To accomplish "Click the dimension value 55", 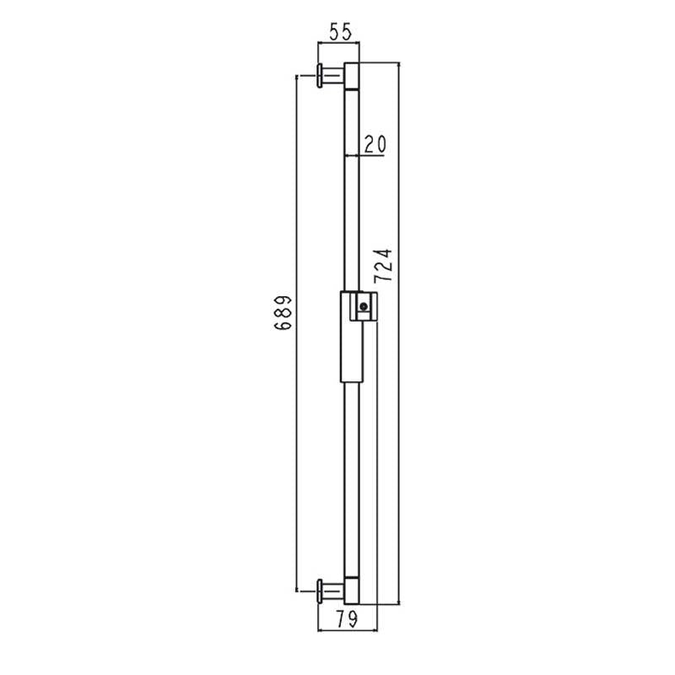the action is (x=341, y=32).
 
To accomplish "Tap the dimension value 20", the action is (x=375, y=144).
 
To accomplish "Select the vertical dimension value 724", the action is (x=383, y=266).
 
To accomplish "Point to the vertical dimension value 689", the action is (x=283, y=313).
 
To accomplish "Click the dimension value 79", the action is (x=347, y=619).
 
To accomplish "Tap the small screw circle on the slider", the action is (x=364, y=306).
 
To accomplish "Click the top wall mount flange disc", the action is (x=320, y=76).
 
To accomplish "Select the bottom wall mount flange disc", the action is (x=320, y=591).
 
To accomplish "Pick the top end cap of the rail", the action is (x=352, y=76).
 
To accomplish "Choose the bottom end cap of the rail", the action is (x=352, y=591).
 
